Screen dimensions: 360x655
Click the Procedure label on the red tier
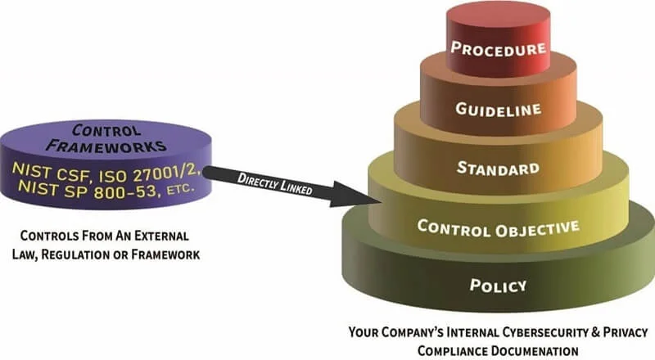click(498, 48)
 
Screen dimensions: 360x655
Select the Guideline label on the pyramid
click(498, 109)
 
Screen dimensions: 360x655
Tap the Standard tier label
click(498, 169)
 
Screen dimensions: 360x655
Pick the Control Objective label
click(498, 227)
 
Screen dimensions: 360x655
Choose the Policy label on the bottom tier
click(498, 286)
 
